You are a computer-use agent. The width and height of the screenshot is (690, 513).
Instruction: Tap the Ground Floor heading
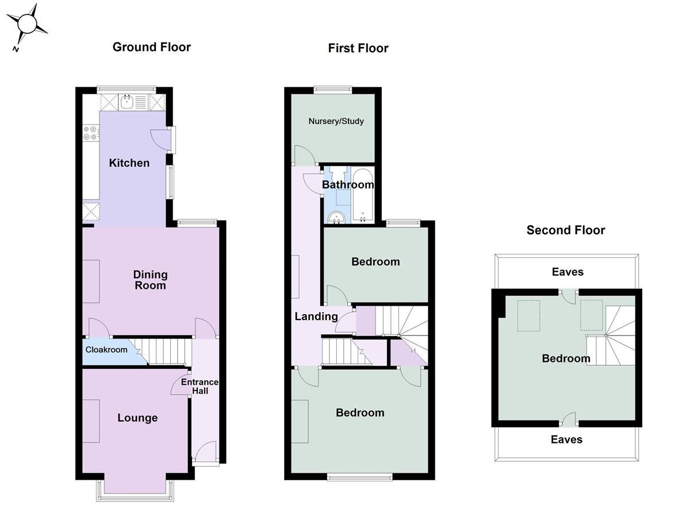point(151,47)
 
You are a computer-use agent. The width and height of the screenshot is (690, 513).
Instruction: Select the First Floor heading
point(358,48)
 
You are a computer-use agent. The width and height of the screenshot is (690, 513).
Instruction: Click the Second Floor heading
point(566,230)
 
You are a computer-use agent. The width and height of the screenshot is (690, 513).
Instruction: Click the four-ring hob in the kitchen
point(90,133)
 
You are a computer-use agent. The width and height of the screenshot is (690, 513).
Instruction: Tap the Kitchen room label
point(129,163)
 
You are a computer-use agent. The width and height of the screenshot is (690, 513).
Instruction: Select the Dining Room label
point(150,280)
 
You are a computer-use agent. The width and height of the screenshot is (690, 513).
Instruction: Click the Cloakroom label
point(106,350)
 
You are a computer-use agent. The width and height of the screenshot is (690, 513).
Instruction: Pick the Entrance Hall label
point(200,387)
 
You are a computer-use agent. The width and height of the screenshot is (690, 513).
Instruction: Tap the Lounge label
point(137,418)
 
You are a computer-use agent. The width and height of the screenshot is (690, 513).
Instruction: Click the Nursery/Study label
point(336,121)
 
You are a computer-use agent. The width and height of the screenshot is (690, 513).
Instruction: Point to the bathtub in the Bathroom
point(363,195)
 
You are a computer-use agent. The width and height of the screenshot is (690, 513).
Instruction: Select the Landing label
point(316,317)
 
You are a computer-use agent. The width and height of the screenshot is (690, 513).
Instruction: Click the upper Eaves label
point(567,272)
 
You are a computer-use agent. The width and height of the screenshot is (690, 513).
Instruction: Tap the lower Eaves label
point(566,439)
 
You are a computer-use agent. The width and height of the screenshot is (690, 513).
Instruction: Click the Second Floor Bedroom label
point(566,358)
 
